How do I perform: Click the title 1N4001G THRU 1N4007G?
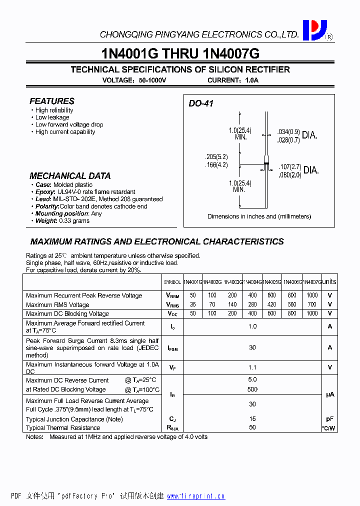[180, 53]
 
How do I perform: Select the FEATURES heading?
[52, 101]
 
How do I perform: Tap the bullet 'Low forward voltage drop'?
[69, 124]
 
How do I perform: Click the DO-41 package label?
[201, 103]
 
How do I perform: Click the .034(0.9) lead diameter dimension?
[288, 132]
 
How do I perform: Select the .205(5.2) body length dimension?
[216, 156]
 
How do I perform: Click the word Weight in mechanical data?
[46, 220]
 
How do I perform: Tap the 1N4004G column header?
[252, 282]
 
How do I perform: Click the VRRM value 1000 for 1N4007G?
[312, 295]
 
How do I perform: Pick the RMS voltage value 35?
[193, 304]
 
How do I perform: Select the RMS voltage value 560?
[292, 304]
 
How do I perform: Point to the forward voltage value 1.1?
[252, 367]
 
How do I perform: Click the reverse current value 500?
[252, 389]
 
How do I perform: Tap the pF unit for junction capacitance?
[329, 419]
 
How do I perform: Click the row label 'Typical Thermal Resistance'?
[63, 427]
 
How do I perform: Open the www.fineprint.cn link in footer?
[196, 496]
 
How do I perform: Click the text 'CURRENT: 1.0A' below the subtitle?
[233, 80]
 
